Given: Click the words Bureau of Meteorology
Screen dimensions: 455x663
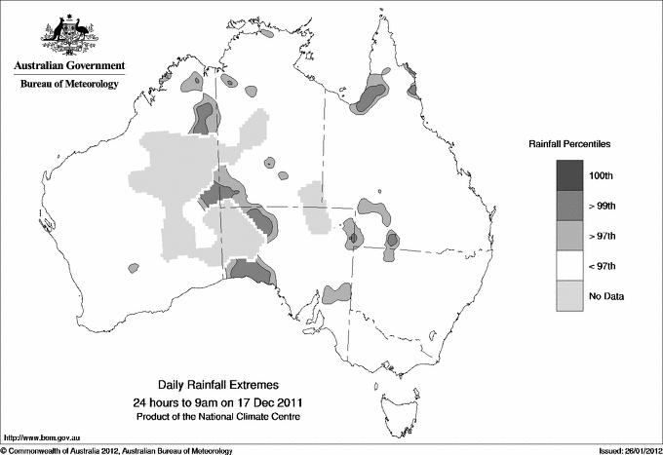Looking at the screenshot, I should pyautogui.click(x=69, y=85).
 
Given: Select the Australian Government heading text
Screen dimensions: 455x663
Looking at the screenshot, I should pyautogui.click(x=69, y=66).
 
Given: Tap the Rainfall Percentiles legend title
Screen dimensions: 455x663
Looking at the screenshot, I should pyautogui.click(x=569, y=143).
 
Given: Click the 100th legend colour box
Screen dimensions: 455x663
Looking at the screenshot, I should pyautogui.click(x=569, y=175).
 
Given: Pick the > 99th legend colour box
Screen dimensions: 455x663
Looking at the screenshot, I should pyautogui.click(x=569, y=206).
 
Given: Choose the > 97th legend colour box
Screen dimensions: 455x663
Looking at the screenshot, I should pyautogui.click(x=569, y=236).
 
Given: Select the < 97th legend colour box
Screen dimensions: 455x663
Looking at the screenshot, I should pyautogui.click(x=569, y=266).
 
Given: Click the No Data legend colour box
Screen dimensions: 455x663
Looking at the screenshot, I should pyautogui.click(x=569, y=296).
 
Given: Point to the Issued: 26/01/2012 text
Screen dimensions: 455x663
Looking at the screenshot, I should pyautogui.click(x=628, y=450).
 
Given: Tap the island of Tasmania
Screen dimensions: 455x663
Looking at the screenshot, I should pyautogui.click(x=391, y=398).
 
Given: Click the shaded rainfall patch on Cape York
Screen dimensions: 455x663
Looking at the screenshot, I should pyautogui.click(x=370, y=95).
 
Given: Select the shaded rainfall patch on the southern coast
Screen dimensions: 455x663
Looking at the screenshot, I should pyautogui.click(x=249, y=271).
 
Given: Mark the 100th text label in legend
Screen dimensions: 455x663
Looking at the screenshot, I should pyautogui.click(x=601, y=175).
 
